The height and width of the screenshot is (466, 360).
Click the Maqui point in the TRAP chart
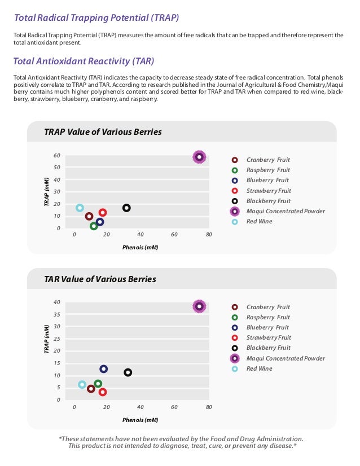[x=199, y=157]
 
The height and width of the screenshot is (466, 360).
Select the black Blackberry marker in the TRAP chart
[x=126, y=208]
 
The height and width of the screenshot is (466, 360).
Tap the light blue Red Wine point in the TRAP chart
[x=80, y=208]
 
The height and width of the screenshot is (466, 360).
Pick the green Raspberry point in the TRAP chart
[x=94, y=226]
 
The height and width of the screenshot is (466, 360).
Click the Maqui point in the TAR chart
[x=199, y=306]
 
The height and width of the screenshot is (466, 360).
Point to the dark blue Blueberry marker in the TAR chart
[x=104, y=369]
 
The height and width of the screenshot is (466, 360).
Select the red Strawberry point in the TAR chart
[x=103, y=392]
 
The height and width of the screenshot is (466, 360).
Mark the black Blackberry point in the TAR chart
[x=128, y=372]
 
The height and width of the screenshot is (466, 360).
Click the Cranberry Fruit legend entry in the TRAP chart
[x=268, y=160]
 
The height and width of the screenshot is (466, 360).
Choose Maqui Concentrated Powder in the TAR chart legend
[x=286, y=358]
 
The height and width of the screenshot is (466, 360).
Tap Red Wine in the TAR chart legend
[x=259, y=368]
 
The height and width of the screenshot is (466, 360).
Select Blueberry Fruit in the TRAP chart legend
[x=267, y=181]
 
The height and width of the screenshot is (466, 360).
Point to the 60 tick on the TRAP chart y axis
[x=57, y=155]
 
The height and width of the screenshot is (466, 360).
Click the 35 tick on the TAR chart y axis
[x=57, y=314]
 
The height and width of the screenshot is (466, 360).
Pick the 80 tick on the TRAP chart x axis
[x=209, y=235]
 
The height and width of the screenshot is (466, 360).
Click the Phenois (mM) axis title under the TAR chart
[x=140, y=420]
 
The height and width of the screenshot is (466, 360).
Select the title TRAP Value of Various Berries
[x=103, y=132]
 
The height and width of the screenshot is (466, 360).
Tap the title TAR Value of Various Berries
[x=100, y=279]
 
